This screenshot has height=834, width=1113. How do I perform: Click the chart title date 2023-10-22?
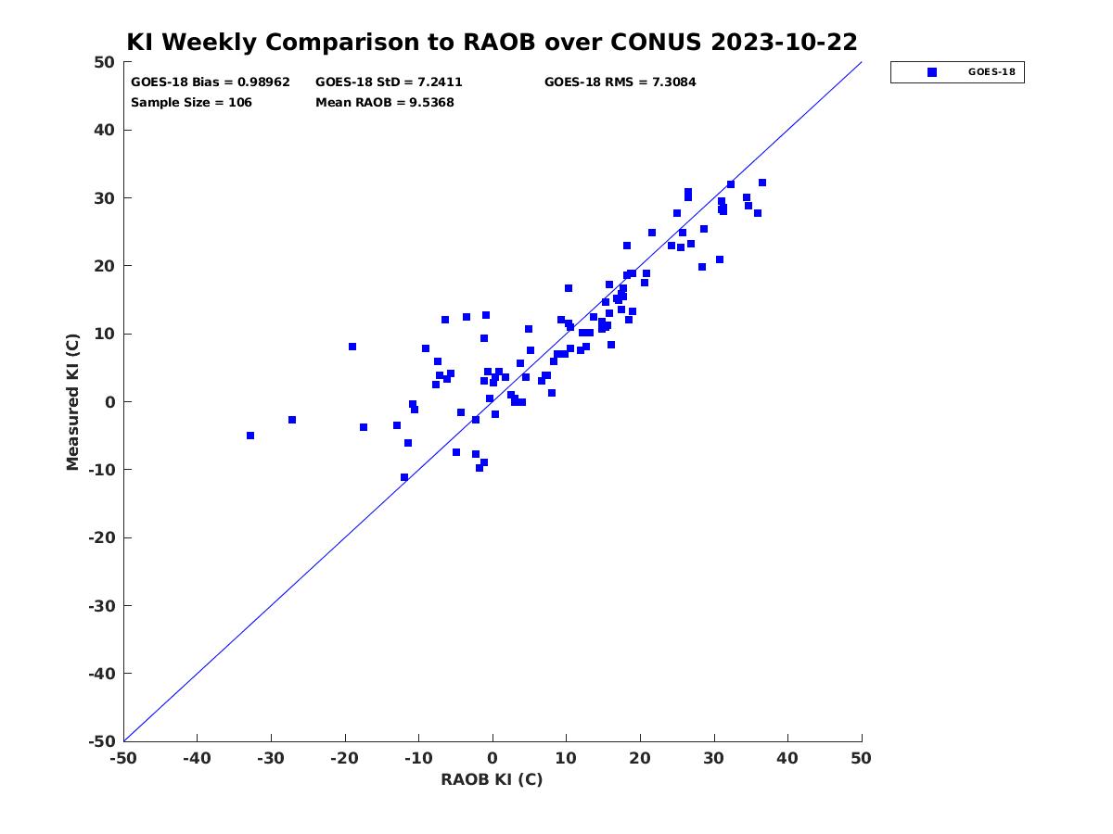coord(784,42)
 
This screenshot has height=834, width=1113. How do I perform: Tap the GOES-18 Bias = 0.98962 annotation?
coord(210,82)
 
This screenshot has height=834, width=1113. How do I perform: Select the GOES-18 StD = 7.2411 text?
coord(389,82)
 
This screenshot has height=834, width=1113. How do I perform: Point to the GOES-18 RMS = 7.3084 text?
coord(620,82)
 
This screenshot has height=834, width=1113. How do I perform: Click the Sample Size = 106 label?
coord(191,102)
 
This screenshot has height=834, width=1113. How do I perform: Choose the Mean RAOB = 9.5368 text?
coord(384,102)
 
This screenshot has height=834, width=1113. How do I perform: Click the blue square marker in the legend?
coord(931,72)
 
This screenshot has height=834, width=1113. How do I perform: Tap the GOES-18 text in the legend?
coord(991,72)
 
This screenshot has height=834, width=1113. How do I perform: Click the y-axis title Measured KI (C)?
coord(72,401)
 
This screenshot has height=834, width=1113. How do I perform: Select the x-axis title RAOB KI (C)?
coord(492,779)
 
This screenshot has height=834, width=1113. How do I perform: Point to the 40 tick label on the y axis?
coord(105,130)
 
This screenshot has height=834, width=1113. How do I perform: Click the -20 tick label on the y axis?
coord(102,537)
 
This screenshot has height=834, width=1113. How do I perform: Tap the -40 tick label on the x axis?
coord(197,758)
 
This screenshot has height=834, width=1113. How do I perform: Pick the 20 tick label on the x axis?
coord(640,758)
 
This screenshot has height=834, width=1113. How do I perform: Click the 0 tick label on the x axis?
coord(493,758)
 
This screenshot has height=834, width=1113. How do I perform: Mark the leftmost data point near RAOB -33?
coord(250,436)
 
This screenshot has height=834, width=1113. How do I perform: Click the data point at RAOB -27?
coord(291,420)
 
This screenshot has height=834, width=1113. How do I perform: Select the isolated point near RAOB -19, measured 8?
coord(352,347)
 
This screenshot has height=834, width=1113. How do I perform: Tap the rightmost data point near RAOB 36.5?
coord(761,183)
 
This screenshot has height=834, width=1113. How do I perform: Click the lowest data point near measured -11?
coord(403,477)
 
